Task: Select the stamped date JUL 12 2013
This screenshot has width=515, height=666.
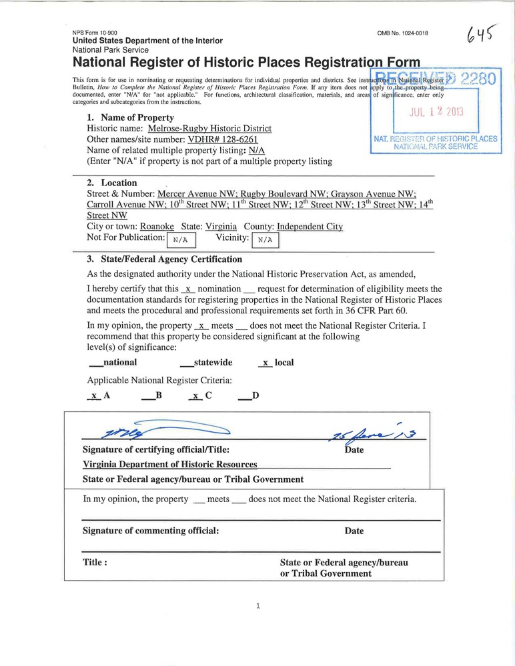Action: tap(436, 111)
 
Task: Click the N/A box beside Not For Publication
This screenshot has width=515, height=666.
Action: tap(181, 239)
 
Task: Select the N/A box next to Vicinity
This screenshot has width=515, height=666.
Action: tap(265, 239)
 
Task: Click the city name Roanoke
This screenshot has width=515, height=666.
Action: tap(161, 227)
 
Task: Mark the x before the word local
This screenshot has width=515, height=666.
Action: tap(266, 363)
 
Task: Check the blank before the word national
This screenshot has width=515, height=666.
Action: tap(95, 363)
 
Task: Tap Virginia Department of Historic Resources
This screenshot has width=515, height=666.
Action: tap(169, 465)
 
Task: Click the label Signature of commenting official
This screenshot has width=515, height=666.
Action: tap(151, 531)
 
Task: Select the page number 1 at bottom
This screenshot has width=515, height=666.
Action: tap(257, 606)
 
